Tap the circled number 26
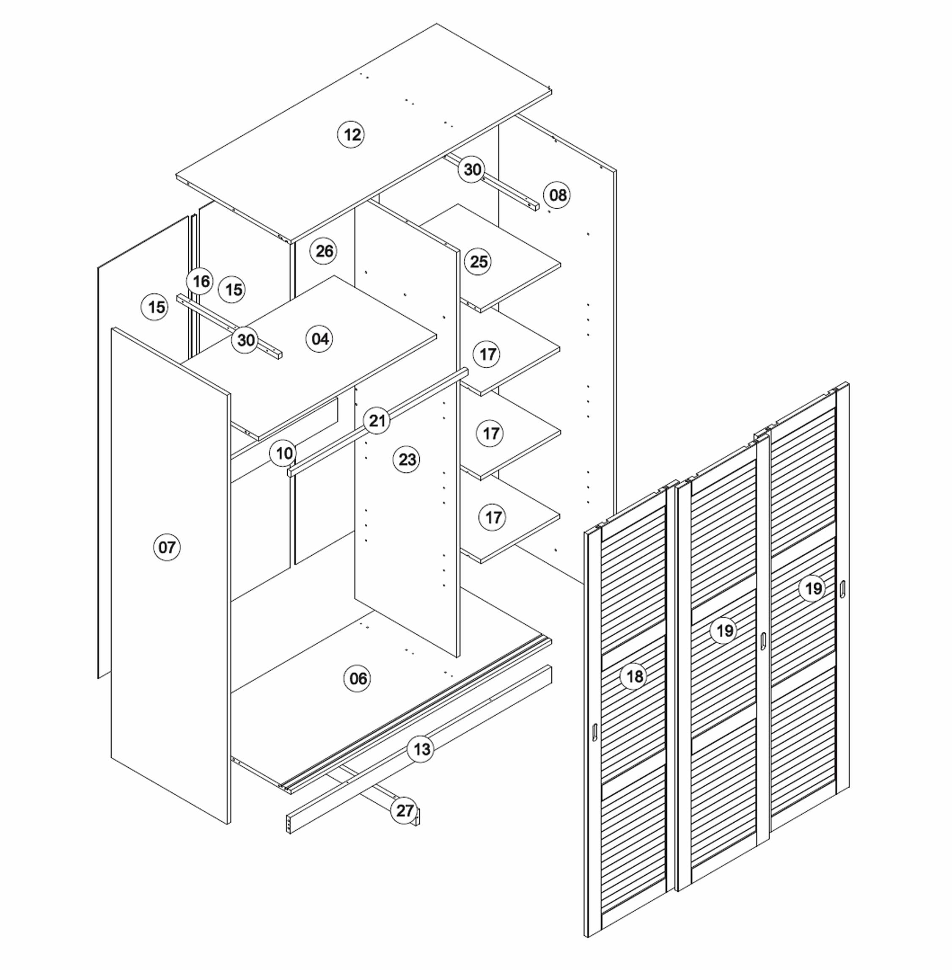(x=324, y=251)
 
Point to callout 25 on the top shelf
(x=478, y=262)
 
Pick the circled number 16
(x=200, y=281)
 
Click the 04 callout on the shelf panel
(x=319, y=339)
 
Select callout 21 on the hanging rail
(x=377, y=421)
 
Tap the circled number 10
(x=283, y=454)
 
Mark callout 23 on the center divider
(x=406, y=460)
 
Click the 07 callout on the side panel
(x=167, y=548)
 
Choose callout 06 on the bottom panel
(x=358, y=678)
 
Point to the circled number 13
(x=421, y=749)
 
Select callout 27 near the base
(x=404, y=810)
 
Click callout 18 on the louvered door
(x=633, y=676)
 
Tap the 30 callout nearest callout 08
(x=471, y=170)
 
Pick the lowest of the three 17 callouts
(x=493, y=518)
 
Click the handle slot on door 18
(x=594, y=732)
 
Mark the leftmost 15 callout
(x=155, y=307)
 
